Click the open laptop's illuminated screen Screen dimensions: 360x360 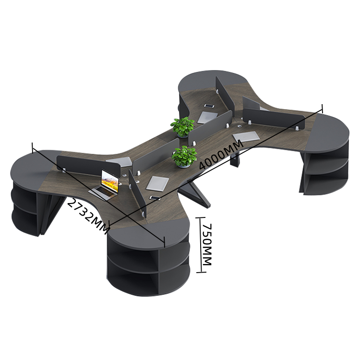click(x=110, y=181)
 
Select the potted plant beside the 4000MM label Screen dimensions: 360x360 click(x=184, y=156)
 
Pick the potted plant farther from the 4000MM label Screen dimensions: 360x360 click(x=183, y=127)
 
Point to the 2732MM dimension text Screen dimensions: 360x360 click(x=88, y=216)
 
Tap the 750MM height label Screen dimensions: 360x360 click(x=206, y=244)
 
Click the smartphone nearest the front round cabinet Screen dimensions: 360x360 click(x=155, y=198)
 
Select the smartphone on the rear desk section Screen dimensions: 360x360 click(x=209, y=106)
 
